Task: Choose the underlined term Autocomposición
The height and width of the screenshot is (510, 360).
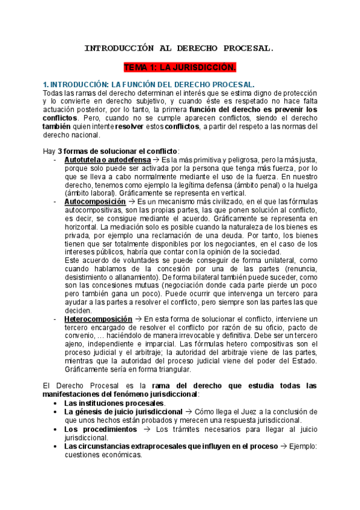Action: (95, 202)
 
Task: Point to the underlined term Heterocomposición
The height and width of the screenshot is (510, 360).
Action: (99, 318)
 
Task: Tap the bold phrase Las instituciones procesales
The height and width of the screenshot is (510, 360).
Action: (114, 402)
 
